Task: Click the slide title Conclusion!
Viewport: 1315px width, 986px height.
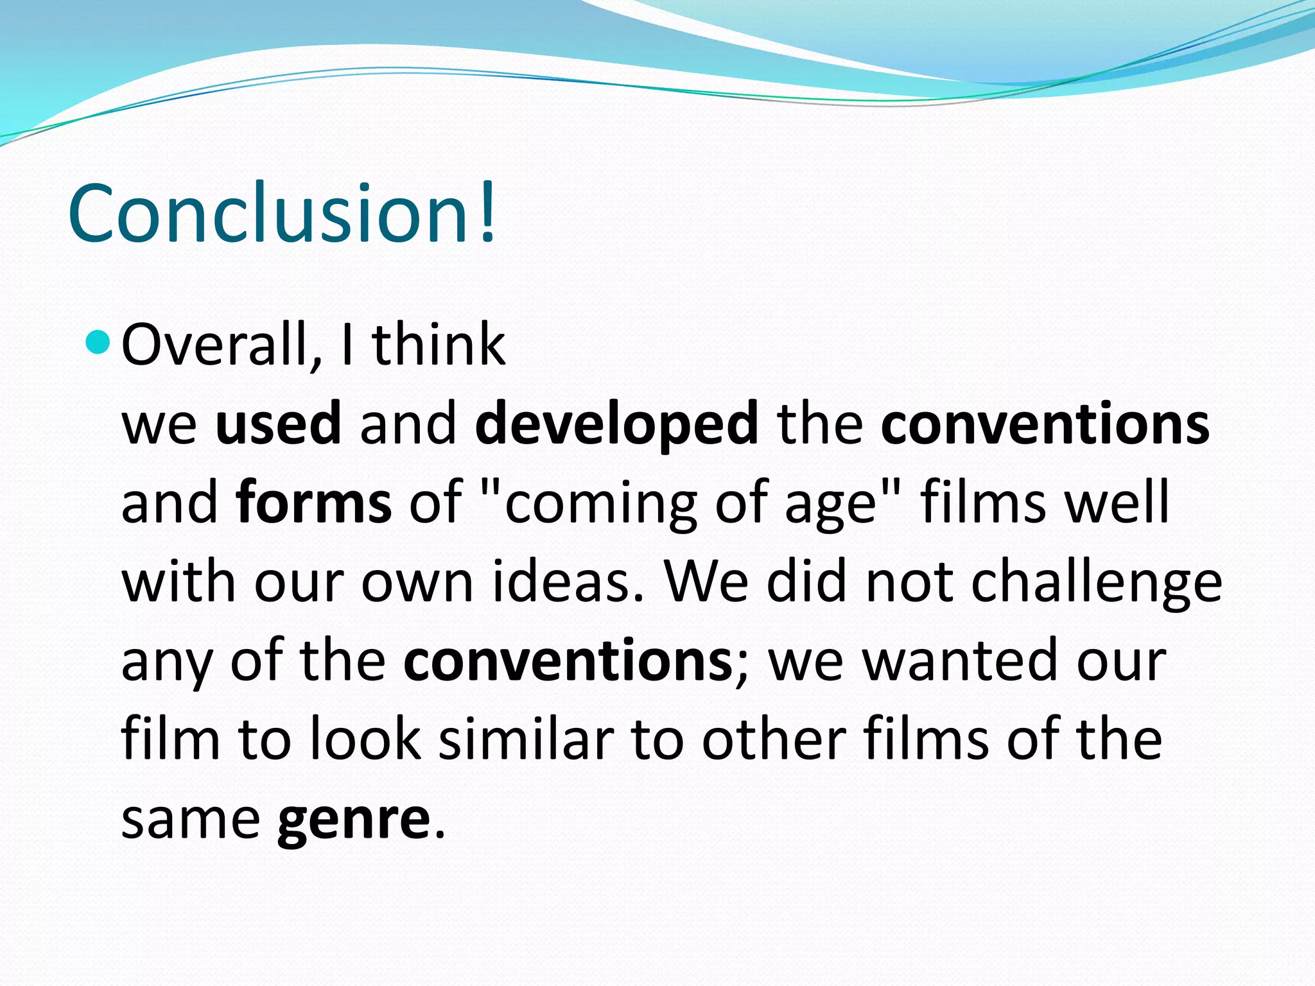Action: click(283, 213)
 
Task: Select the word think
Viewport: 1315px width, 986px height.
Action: click(439, 345)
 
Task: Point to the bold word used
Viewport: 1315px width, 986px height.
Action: click(278, 423)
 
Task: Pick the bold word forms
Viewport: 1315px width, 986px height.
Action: click(314, 502)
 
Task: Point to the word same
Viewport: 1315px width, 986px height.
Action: click(191, 819)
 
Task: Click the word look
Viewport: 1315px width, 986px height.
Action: click(365, 739)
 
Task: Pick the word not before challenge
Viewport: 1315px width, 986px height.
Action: click(909, 582)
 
